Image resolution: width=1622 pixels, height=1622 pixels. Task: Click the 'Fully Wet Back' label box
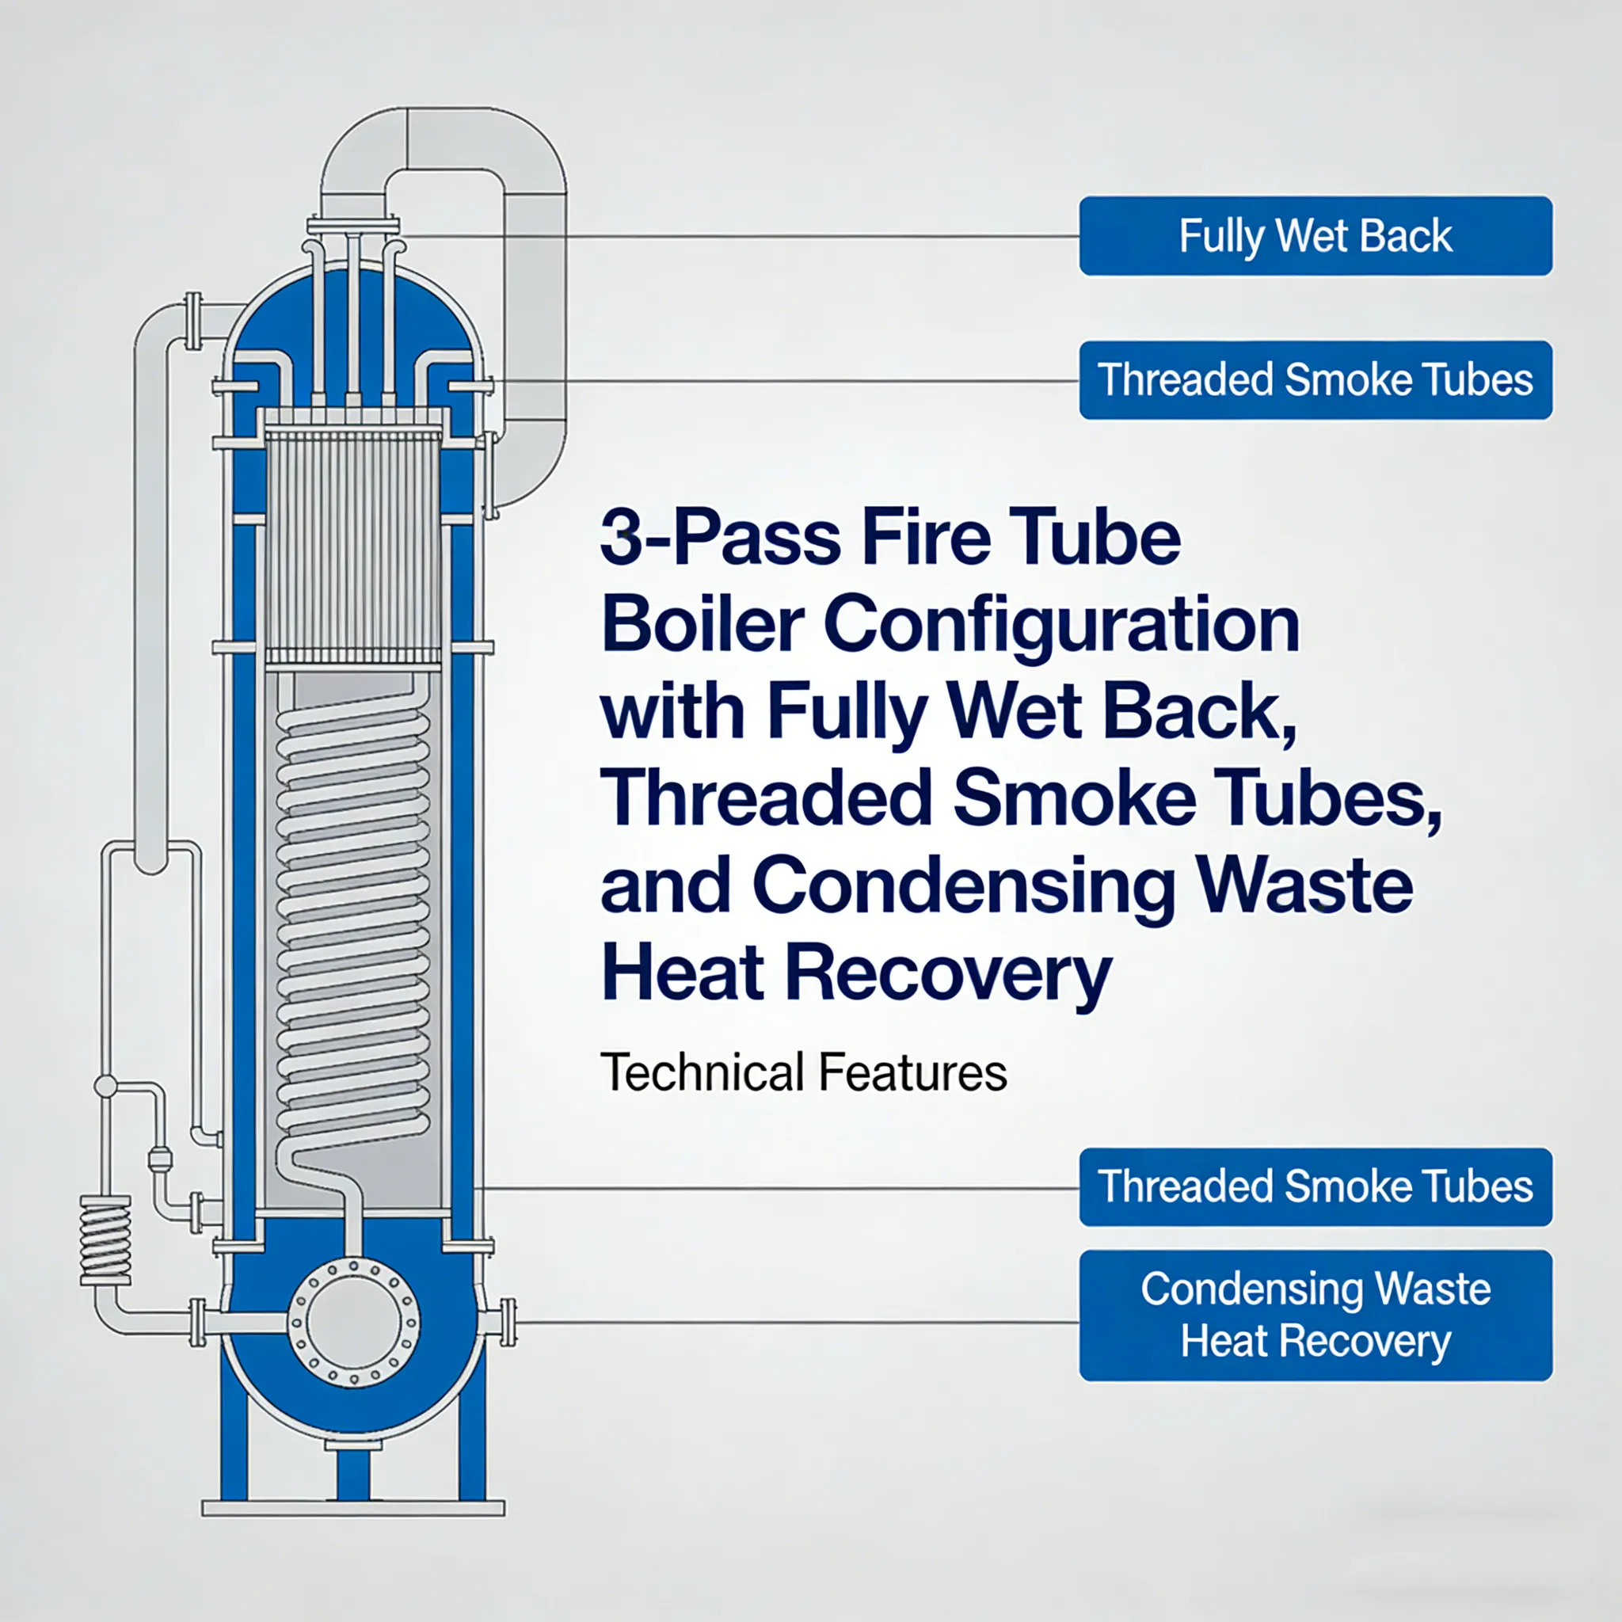[1315, 236]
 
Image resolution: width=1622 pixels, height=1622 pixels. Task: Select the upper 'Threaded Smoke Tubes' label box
[1315, 379]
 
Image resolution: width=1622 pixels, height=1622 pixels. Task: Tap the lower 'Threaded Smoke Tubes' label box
[1315, 1186]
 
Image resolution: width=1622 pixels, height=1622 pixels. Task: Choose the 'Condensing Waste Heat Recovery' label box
[1315, 1315]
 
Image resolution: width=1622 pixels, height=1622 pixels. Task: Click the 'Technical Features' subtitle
[803, 1073]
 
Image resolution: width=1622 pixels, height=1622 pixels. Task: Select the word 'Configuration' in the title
[1061, 626]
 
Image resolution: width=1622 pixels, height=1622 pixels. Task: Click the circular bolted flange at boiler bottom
[353, 1323]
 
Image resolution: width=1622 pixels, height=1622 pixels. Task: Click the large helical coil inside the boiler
[353, 923]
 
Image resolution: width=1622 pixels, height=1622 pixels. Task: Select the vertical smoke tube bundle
[352, 546]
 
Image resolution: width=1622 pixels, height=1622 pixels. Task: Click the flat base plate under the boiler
[352, 1509]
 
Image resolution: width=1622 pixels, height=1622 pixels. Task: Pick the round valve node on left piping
[106, 1087]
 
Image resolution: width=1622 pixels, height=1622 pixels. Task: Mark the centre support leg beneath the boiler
[352, 1473]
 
